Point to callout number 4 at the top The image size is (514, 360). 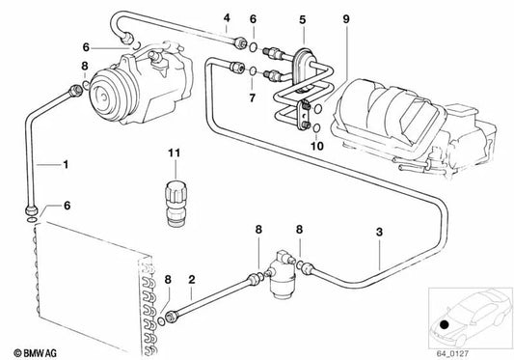point(227,17)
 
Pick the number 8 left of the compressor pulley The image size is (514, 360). point(85,66)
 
